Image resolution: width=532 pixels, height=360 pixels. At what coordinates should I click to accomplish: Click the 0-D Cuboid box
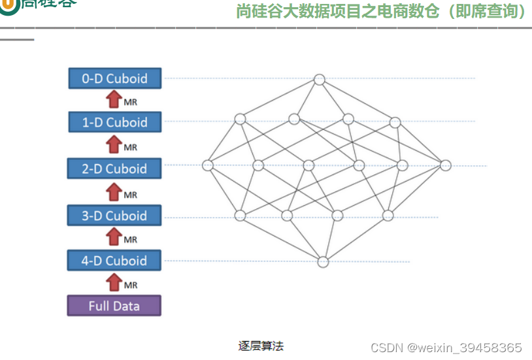[x=114, y=78]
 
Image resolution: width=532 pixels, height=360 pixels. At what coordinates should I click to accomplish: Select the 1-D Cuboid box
[x=114, y=122]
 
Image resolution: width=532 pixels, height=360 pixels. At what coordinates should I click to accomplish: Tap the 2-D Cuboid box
[x=114, y=169]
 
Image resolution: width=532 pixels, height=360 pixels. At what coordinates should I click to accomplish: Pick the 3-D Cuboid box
[x=114, y=216]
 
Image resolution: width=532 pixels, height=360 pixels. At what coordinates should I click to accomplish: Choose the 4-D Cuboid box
[x=114, y=261]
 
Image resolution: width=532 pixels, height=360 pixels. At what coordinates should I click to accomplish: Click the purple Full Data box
[x=114, y=306]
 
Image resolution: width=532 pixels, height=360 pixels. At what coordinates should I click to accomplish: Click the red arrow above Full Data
[x=114, y=283]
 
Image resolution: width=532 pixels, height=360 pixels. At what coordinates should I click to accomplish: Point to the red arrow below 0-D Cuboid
[x=114, y=99]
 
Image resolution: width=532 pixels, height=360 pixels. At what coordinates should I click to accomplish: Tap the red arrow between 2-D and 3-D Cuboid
[x=114, y=192]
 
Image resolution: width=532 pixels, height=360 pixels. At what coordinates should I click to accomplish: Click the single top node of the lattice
[x=319, y=80]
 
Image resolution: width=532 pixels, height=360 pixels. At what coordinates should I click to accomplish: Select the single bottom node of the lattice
[x=323, y=262]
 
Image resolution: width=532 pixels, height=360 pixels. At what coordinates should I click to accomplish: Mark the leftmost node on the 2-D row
[x=208, y=165]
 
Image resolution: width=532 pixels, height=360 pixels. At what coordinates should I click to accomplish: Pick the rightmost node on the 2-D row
[x=445, y=165]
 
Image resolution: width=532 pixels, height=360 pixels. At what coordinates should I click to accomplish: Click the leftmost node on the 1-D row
[x=240, y=119]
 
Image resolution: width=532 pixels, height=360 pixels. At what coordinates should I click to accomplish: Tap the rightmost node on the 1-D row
[x=395, y=122]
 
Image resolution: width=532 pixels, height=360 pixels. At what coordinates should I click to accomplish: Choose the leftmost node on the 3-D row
[x=240, y=215]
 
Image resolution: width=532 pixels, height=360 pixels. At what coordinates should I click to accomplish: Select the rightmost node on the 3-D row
[x=388, y=215]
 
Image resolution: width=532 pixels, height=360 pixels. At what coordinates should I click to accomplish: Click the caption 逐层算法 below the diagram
[x=261, y=346]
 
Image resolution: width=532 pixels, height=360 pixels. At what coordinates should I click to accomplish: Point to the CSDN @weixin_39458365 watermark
[x=446, y=348]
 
